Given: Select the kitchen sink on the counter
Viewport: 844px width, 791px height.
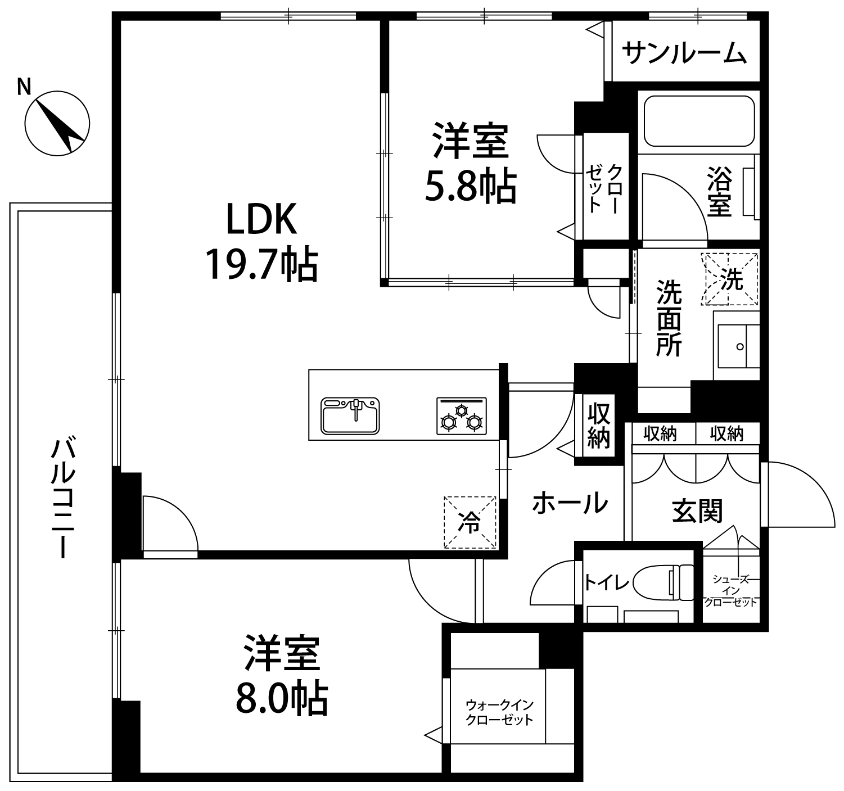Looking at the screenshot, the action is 350,415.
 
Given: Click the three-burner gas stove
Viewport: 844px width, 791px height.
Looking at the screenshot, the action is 462,415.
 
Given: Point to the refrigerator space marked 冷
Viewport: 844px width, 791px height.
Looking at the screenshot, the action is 470,522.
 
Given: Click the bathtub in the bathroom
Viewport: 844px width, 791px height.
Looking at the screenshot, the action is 699,121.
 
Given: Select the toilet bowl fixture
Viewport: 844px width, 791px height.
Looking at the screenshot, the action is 663,582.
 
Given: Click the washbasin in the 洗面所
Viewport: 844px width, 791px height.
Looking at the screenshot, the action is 739,346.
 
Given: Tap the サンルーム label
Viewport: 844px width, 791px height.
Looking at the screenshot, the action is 684,53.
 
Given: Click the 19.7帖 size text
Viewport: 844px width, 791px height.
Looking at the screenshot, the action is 262,264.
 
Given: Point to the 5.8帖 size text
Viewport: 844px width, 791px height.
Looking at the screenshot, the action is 471,186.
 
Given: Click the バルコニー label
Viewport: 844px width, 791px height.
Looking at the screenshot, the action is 63,498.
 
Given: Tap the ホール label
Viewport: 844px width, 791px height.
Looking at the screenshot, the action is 570,503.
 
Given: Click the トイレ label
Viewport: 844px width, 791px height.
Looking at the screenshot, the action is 606,582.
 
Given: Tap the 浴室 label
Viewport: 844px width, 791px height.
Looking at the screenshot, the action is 720,192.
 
